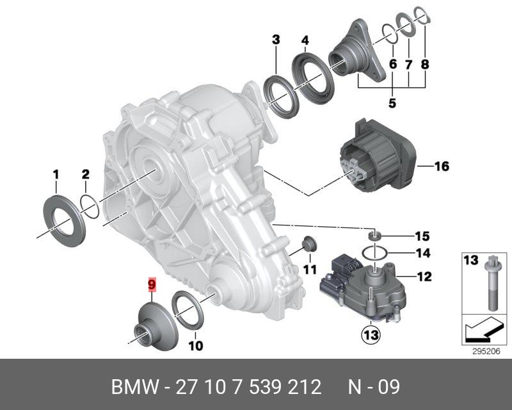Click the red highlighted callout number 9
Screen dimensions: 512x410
point(152,284)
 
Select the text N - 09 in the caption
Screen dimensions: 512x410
point(374,388)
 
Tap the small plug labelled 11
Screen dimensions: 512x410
point(309,245)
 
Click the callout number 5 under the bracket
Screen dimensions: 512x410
point(392,102)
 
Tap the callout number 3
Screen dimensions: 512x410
point(276,40)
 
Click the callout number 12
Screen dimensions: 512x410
point(425,277)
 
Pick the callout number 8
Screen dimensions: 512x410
point(425,64)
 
